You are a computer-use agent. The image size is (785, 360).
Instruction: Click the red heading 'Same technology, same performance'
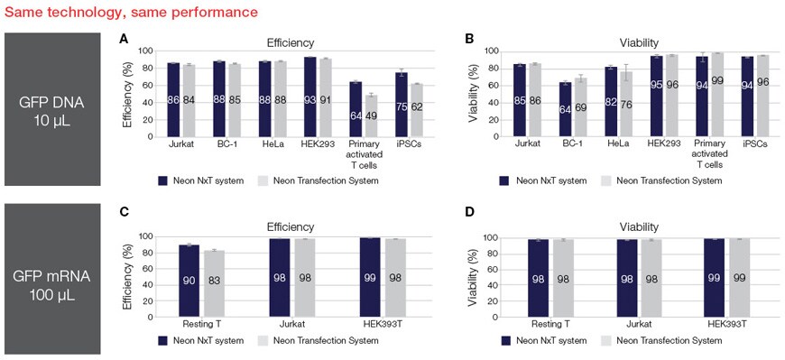(x=131, y=13)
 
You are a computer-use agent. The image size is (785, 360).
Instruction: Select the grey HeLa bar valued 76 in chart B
(x=625, y=105)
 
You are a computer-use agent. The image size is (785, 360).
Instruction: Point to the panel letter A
(x=124, y=41)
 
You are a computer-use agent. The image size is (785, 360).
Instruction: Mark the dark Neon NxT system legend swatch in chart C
(x=162, y=341)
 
